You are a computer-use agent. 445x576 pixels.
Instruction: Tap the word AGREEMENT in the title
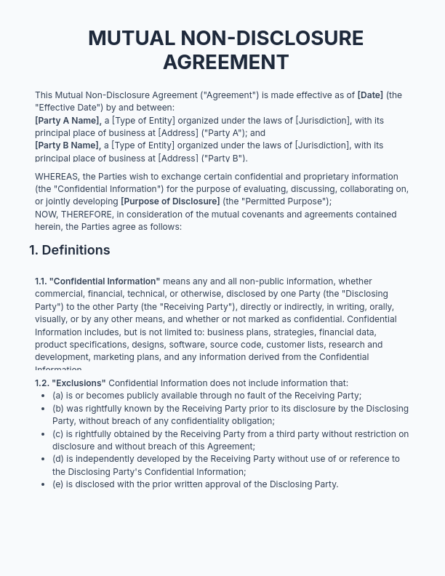click(225, 63)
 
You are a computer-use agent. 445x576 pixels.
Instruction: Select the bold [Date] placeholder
click(370, 95)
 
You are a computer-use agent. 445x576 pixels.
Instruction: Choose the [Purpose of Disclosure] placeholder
click(170, 201)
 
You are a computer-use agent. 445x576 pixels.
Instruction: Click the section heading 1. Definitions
click(70, 250)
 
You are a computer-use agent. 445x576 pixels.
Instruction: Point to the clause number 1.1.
click(41, 281)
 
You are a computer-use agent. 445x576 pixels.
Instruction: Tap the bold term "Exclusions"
click(78, 383)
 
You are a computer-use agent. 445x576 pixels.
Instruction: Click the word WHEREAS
click(57, 177)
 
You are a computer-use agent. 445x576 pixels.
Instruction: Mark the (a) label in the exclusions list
click(57, 396)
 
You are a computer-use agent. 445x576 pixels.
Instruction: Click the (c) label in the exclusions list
click(57, 434)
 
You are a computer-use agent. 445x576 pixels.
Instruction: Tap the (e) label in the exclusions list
click(57, 484)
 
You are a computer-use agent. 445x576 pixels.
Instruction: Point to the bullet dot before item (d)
click(44, 459)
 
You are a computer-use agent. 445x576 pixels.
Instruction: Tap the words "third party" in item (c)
click(297, 434)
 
